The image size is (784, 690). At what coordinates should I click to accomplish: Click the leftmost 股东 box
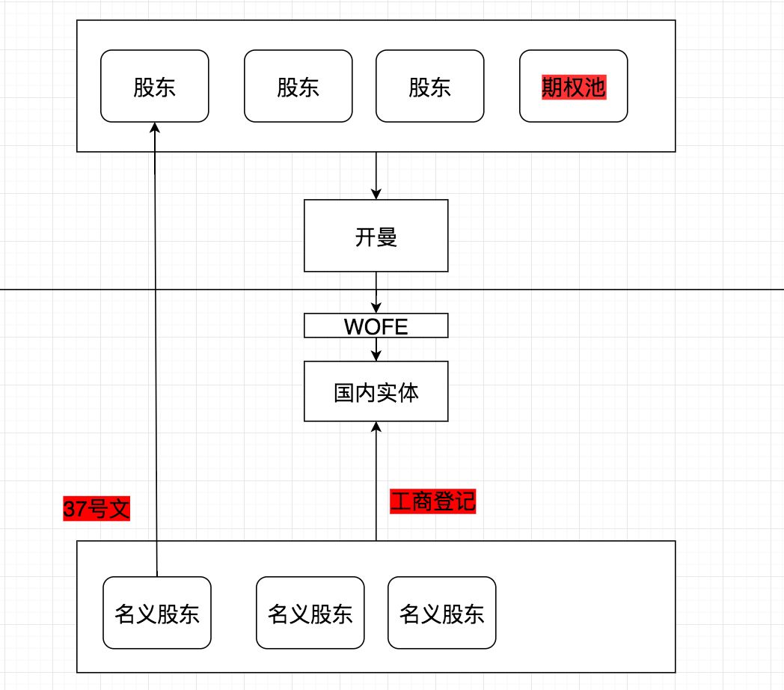click(x=154, y=86)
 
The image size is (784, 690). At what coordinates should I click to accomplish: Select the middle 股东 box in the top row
click(x=298, y=86)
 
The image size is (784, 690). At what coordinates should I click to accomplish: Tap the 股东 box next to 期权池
click(x=429, y=86)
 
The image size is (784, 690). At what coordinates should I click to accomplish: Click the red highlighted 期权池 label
click(x=574, y=88)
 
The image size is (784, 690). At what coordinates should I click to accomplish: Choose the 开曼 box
click(x=376, y=236)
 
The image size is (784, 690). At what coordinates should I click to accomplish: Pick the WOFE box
click(x=376, y=326)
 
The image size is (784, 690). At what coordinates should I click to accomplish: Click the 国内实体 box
click(x=376, y=391)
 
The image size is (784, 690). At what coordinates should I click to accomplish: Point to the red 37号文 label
click(x=97, y=510)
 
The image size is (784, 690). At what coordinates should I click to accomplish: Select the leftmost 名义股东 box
click(x=157, y=613)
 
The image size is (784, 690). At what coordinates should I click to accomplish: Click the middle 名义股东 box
click(x=310, y=613)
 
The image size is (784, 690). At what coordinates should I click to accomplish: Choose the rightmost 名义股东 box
click(x=441, y=613)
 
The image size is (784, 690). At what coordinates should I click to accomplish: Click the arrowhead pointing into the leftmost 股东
click(x=155, y=128)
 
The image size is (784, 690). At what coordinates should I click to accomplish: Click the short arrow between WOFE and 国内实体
click(x=376, y=348)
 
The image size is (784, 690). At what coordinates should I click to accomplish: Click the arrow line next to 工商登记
click(x=376, y=486)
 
